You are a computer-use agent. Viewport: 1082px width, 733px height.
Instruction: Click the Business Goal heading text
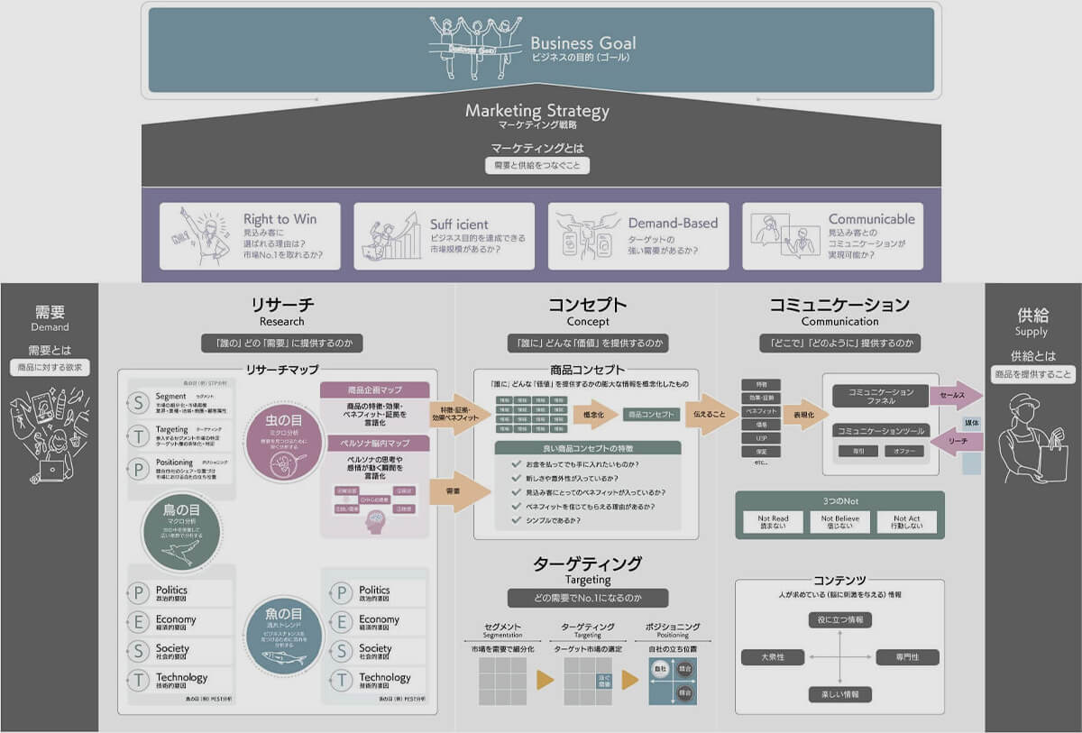(x=582, y=42)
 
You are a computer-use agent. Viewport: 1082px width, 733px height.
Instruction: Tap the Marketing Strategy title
(x=536, y=111)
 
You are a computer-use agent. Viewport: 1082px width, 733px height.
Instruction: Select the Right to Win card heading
(x=280, y=219)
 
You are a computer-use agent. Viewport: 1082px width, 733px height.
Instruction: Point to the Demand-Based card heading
(x=673, y=223)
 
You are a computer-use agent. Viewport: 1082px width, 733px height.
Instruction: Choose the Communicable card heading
(x=871, y=219)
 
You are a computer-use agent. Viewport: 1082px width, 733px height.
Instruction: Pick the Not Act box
(x=906, y=522)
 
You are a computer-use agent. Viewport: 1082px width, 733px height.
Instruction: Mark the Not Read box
(x=773, y=522)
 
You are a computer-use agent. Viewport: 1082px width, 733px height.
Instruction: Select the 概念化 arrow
(x=595, y=415)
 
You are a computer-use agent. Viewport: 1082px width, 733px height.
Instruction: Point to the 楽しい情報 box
(x=839, y=694)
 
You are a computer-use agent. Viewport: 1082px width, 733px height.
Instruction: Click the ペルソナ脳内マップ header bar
(x=375, y=444)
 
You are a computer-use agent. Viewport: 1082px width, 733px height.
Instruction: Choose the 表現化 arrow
(x=802, y=415)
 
